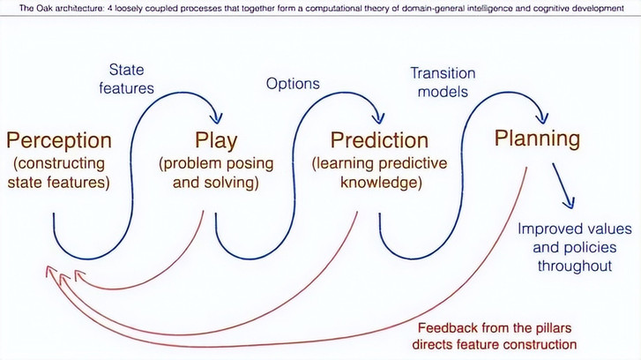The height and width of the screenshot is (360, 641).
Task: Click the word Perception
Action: click(x=59, y=140)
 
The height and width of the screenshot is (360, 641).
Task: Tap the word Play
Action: click(x=216, y=140)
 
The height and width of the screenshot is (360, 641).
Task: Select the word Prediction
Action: click(x=379, y=140)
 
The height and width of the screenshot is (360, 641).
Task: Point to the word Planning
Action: click(x=537, y=139)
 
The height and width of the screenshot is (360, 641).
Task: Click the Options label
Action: click(x=293, y=84)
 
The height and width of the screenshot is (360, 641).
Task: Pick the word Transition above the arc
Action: click(x=443, y=73)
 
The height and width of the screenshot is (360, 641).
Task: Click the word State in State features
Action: click(x=126, y=70)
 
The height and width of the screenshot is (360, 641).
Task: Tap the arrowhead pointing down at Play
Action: click(x=217, y=117)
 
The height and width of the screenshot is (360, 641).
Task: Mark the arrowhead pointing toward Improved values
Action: click(x=569, y=203)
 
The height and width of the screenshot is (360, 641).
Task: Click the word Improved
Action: click(x=546, y=229)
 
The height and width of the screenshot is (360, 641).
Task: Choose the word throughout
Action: click(x=574, y=266)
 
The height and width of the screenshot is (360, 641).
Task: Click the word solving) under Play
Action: click(x=236, y=183)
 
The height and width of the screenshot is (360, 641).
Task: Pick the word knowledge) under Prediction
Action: click(x=381, y=183)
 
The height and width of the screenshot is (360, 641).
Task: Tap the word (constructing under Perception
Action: click(x=59, y=163)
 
